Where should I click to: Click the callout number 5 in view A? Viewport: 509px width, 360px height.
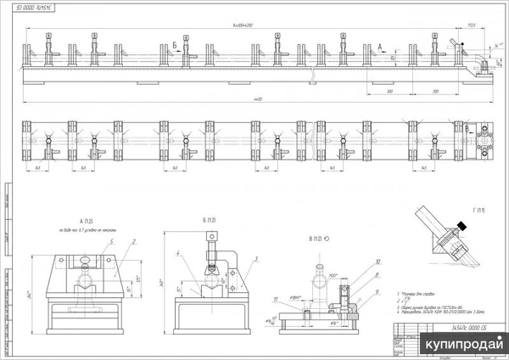(x=109, y=242)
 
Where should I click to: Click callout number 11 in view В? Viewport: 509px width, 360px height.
(x=275, y=299)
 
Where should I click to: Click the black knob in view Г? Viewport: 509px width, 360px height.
(x=462, y=224)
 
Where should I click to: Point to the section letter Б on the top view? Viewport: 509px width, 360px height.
(x=175, y=42)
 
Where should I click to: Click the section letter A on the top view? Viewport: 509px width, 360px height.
(x=379, y=43)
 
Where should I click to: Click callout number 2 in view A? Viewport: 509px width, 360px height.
(x=132, y=242)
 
